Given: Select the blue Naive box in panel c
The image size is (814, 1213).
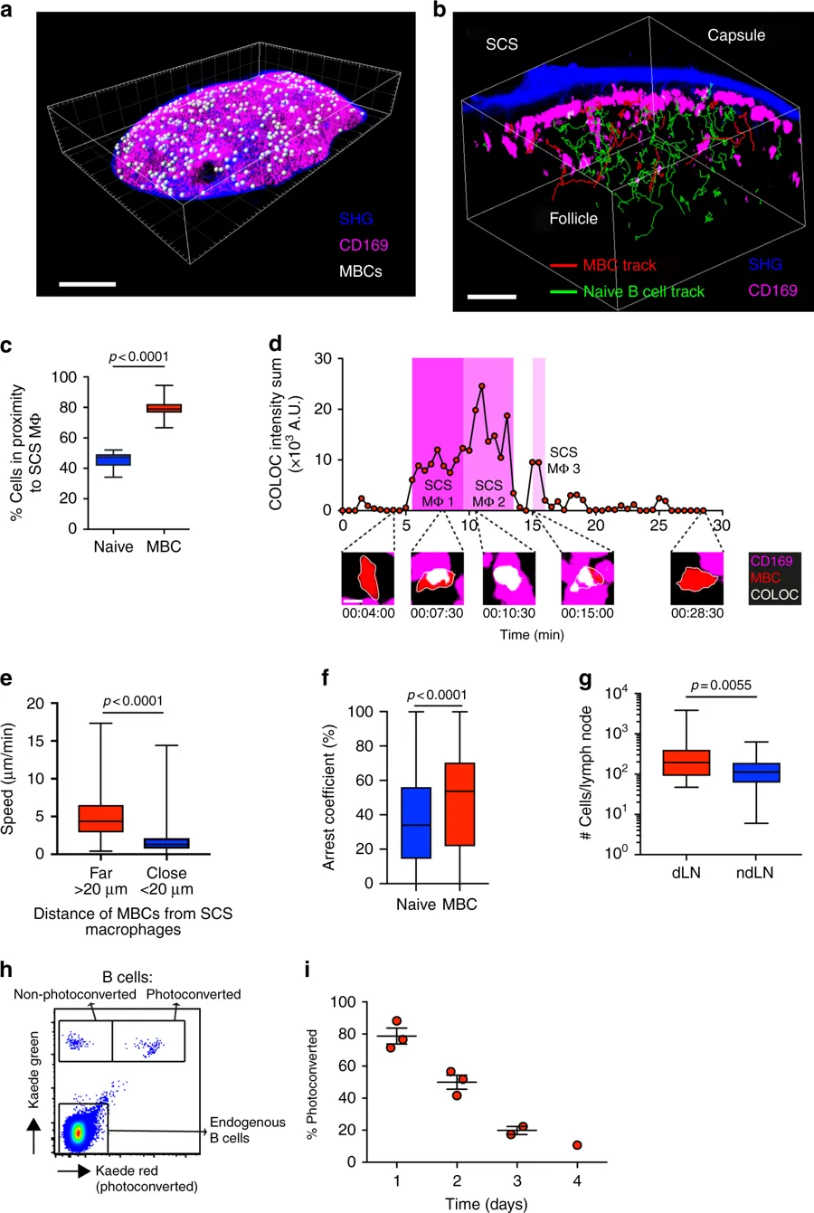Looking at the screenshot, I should (114, 460).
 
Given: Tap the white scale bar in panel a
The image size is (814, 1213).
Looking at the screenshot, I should (88, 284).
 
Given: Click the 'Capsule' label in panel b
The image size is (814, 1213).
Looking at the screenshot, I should (735, 35).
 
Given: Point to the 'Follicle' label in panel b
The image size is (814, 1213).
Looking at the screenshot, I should (573, 218).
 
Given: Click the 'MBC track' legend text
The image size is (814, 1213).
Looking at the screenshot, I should (619, 266).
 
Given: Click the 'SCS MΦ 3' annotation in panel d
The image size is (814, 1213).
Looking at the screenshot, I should (563, 460).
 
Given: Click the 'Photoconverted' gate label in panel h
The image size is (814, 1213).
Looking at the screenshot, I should (195, 994).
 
